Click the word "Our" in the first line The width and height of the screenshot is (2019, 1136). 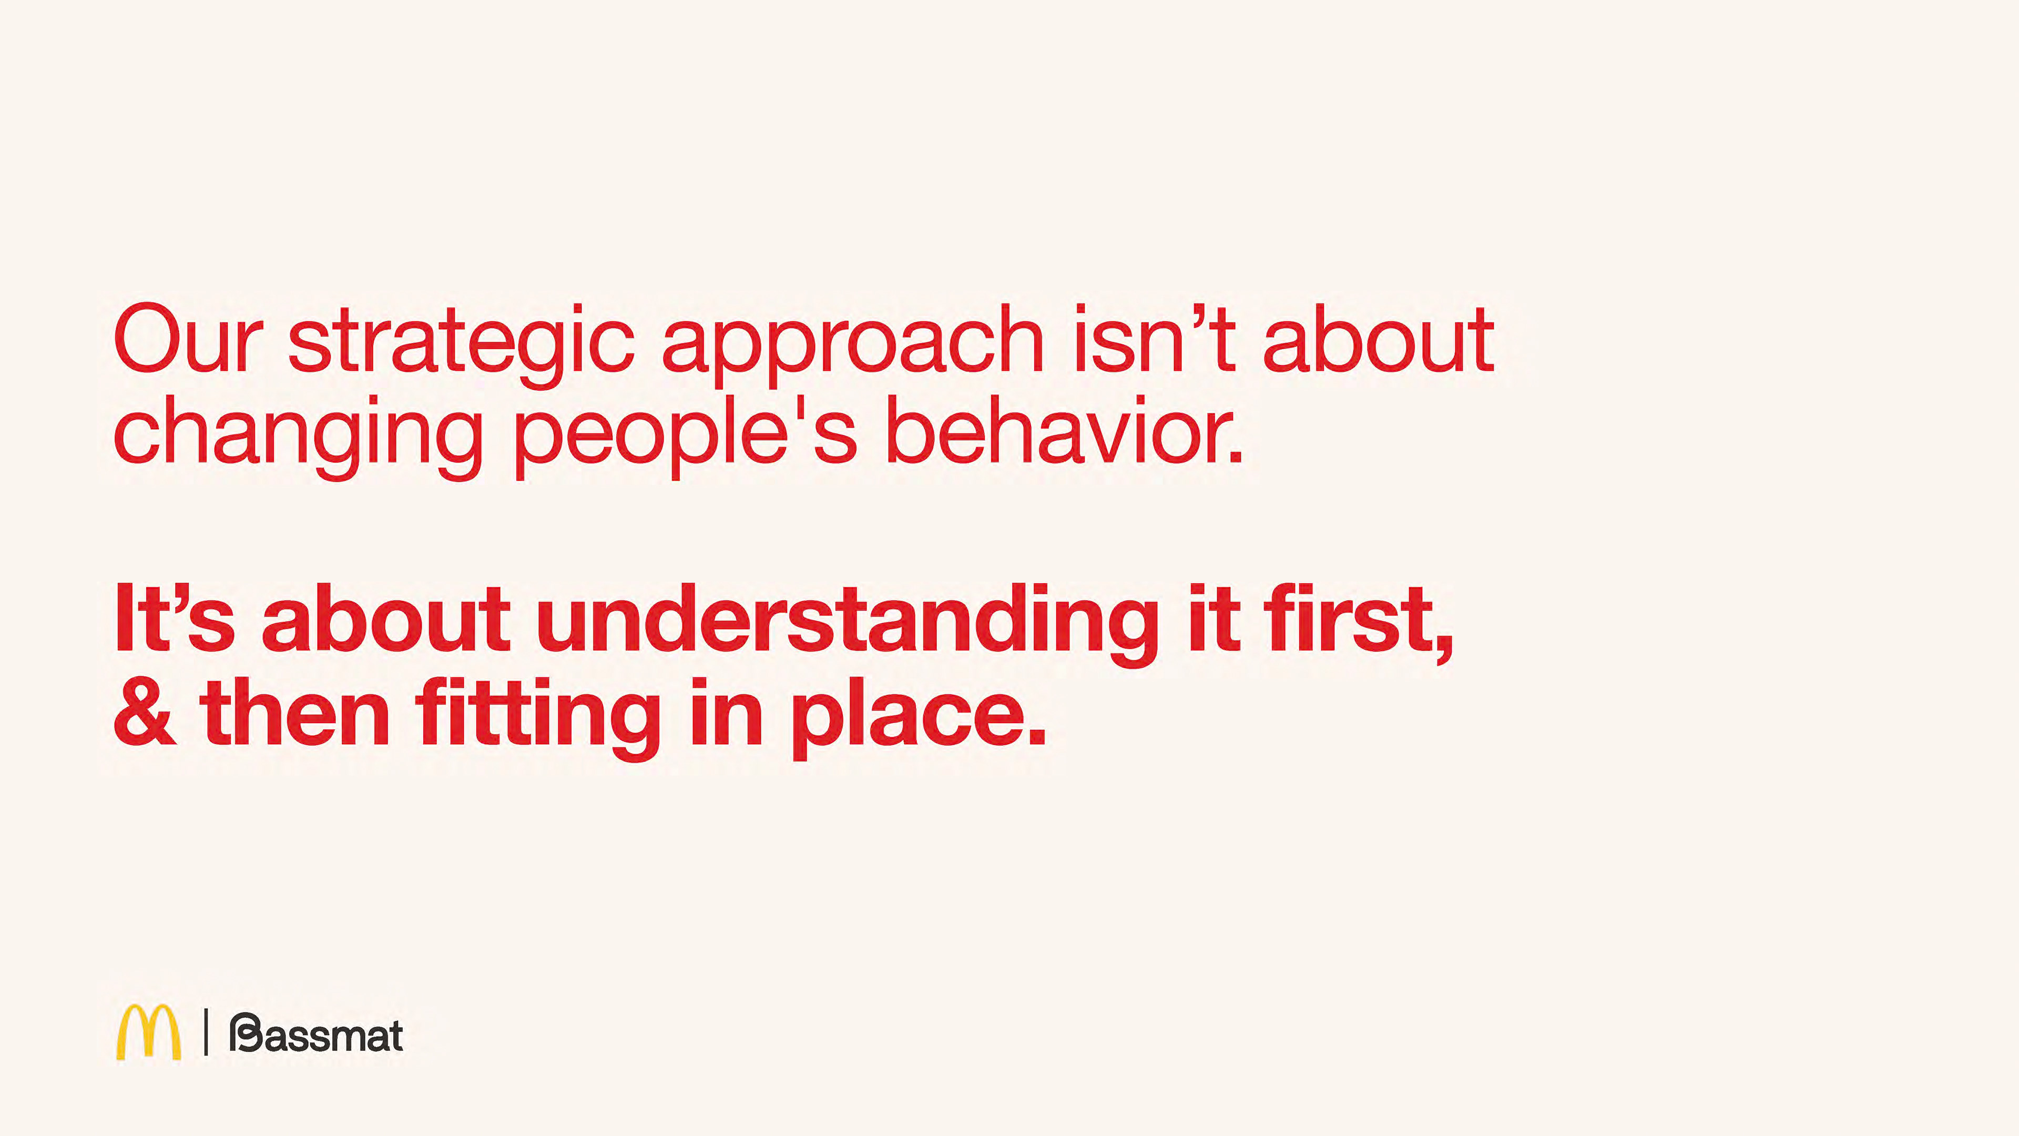(188, 339)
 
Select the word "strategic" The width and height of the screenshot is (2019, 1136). (461, 345)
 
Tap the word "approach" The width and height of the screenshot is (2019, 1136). (853, 345)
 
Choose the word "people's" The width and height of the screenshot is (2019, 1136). (685, 437)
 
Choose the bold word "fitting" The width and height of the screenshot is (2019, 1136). (538, 717)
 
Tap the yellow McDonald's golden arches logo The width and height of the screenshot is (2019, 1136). (148, 1032)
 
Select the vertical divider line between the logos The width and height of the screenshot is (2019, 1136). (206, 1032)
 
